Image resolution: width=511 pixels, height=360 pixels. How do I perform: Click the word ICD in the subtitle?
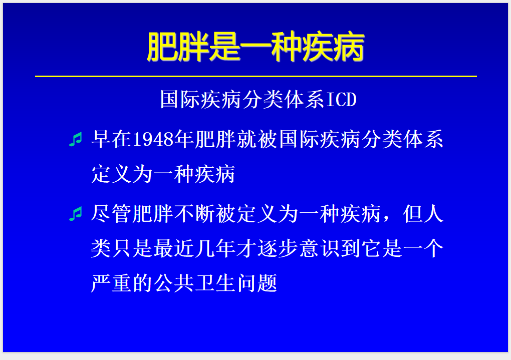click(341, 100)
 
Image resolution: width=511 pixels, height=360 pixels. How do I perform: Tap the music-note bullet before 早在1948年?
click(75, 140)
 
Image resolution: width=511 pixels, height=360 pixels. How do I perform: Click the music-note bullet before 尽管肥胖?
click(75, 214)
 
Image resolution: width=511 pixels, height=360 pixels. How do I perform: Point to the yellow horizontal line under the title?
click(255, 77)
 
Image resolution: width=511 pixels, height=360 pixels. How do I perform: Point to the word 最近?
click(174, 249)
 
